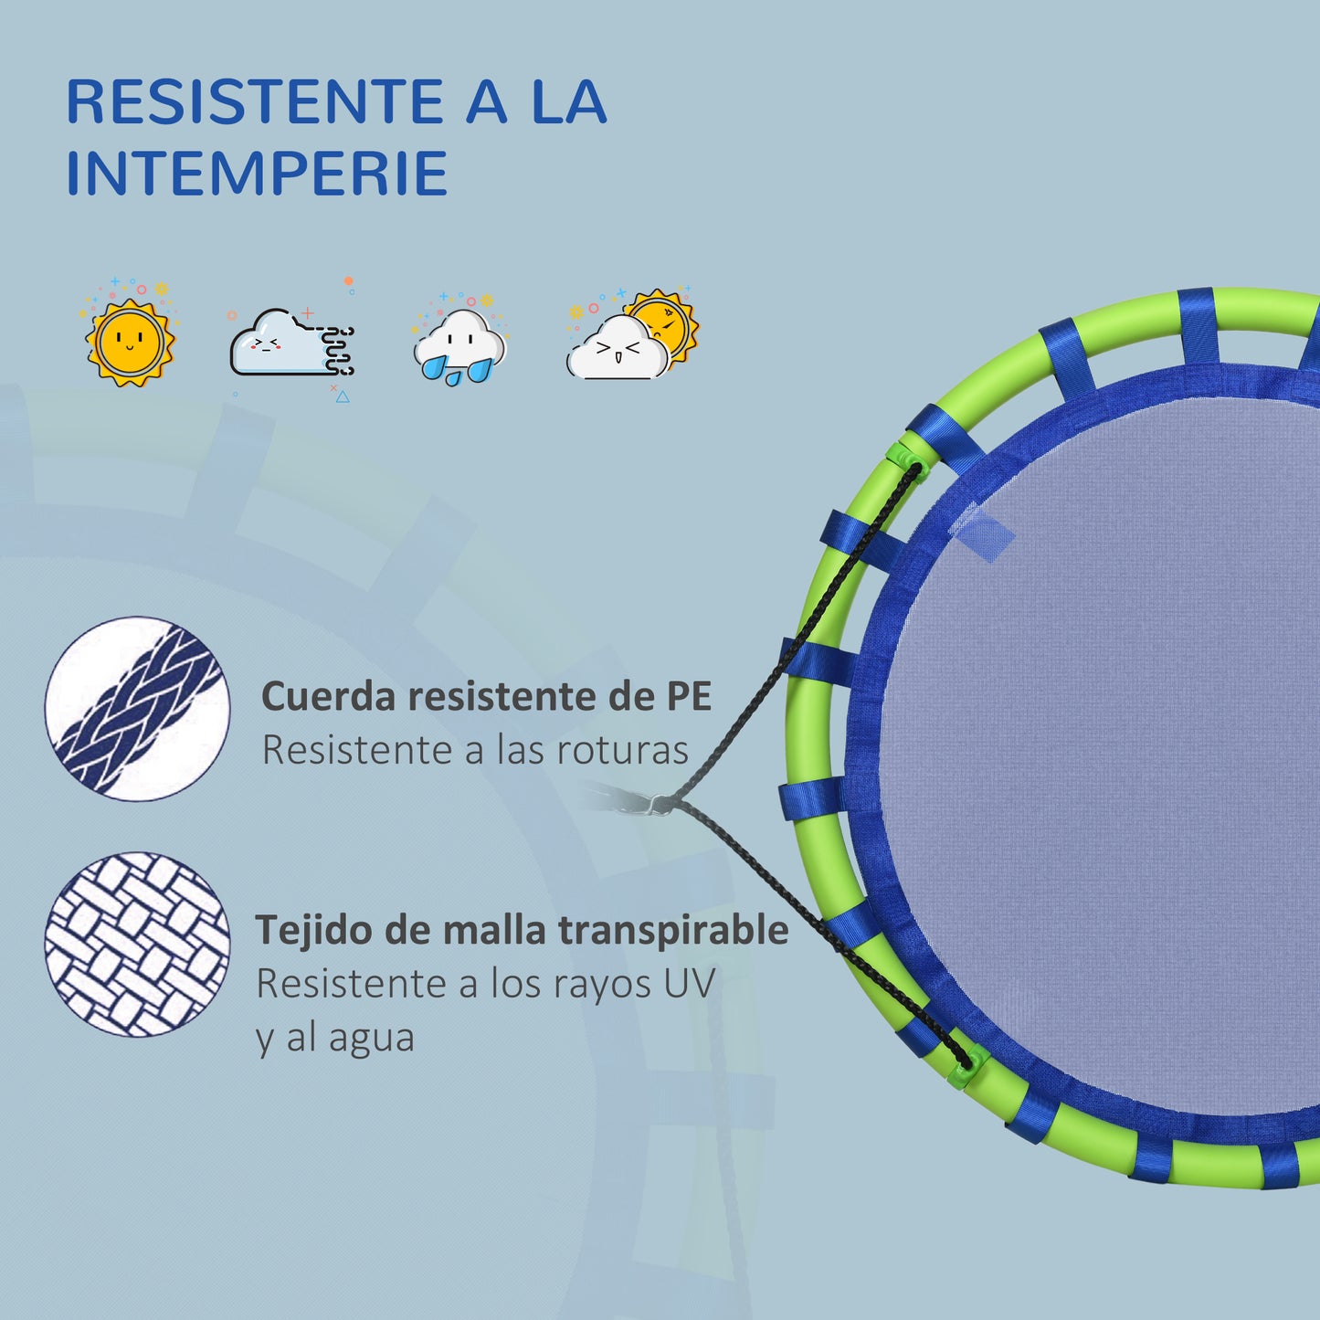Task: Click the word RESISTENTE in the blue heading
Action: pyautogui.click(x=254, y=101)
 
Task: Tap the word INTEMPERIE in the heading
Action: pyautogui.click(x=257, y=173)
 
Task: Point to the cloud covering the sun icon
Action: pyautogui.click(x=631, y=335)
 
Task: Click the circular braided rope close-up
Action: pyautogui.click(x=137, y=709)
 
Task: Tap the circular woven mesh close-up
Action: pyautogui.click(x=137, y=945)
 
